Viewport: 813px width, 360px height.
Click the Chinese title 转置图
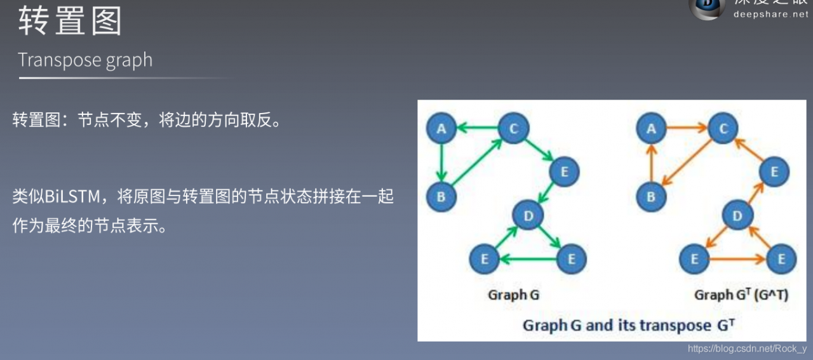70,22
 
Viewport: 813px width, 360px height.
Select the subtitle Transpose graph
85,60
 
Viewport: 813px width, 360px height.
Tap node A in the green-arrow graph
441,130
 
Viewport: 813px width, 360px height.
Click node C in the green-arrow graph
513,129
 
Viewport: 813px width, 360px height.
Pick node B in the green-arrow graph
441,196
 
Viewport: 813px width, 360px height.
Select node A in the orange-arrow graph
651,130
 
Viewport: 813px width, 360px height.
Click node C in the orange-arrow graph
723,129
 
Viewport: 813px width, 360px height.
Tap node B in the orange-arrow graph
651,196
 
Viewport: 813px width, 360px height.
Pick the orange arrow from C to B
687,163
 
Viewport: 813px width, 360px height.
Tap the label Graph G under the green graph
513,295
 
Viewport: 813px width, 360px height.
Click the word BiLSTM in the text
74,196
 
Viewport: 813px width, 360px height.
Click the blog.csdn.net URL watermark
747,349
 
